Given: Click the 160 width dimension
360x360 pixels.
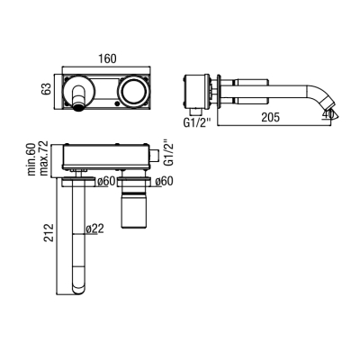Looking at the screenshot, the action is pyautogui.click(x=107, y=58).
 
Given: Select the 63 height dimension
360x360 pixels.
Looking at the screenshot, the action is pyautogui.click(x=47, y=88).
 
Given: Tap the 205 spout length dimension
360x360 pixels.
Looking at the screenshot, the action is pyautogui.click(x=270, y=117).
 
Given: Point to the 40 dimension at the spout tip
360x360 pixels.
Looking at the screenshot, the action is pyautogui.click(x=328, y=114).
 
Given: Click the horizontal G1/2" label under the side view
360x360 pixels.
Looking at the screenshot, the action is pyautogui.click(x=197, y=123).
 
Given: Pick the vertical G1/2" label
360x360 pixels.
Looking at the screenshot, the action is pyautogui.click(x=170, y=152).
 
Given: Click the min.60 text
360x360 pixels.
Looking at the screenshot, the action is pyautogui.click(x=31, y=159).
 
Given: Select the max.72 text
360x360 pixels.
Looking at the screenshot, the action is pyautogui.click(x=44, y=158).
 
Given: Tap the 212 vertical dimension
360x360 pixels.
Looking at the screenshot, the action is pyautogui.click(x=49, y=232).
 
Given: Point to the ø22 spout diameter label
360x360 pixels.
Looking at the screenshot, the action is pyautogui.click(x=94, y=229).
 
